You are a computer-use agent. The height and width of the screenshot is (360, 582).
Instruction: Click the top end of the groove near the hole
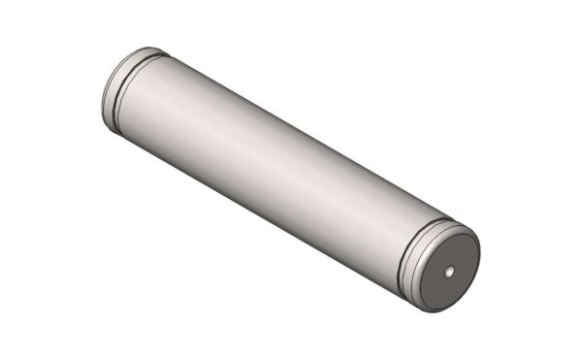(444, 220)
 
